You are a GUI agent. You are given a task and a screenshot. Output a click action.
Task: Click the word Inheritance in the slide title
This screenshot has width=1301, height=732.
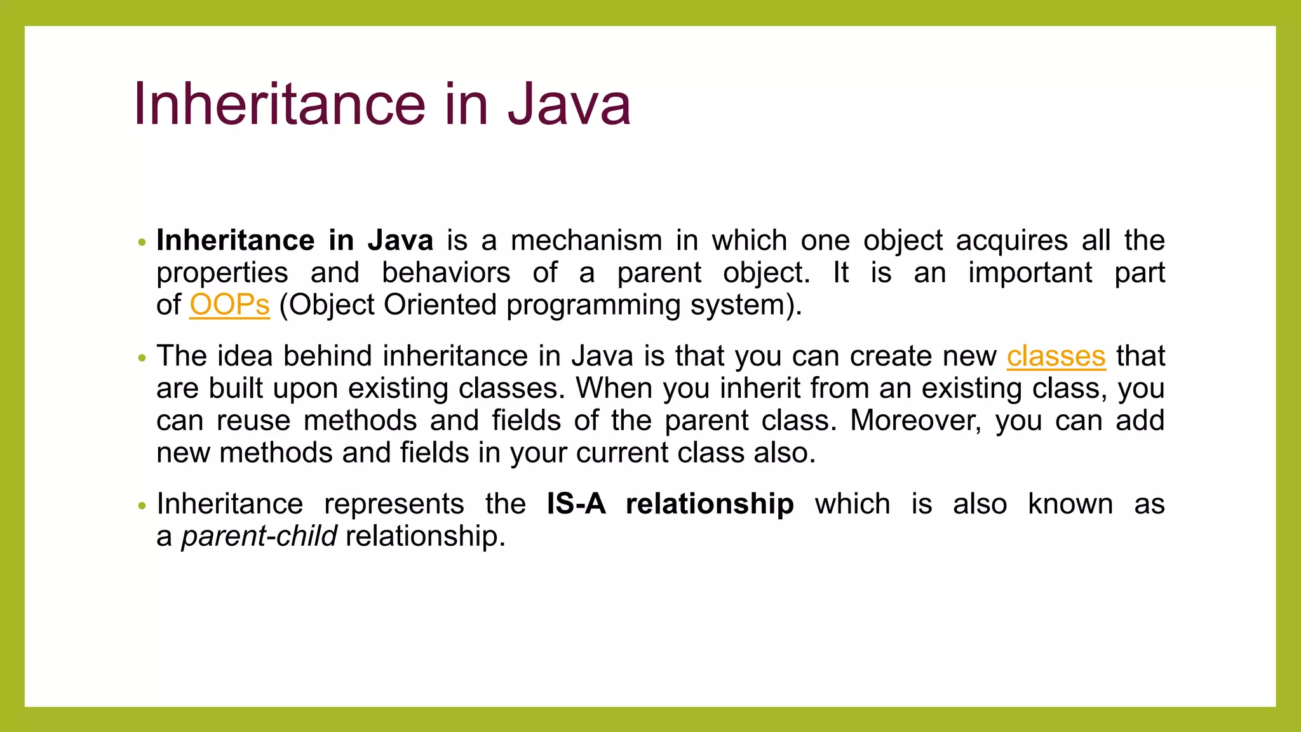pyautogui.click(x=280, y=104)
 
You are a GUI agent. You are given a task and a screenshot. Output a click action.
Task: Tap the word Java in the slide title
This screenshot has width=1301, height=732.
pyautogui.click(x=569, y=104)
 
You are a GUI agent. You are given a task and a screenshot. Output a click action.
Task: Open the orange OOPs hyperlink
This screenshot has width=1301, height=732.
pyautogui.click(x=229, y=305)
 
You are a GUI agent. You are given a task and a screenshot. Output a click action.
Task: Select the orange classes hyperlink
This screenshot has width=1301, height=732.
pyautogui.click(x=1056, y=356)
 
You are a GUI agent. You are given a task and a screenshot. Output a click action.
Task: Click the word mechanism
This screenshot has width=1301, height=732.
pyautogui.click(x=586, y=241)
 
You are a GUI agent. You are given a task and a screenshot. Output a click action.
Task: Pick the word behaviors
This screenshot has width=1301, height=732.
pyautogui.click(x=446, y=273)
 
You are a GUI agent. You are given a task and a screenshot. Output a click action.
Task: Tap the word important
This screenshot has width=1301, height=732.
pyautogui.click(x=1030, y=273)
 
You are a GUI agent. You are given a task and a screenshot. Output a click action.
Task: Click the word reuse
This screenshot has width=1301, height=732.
pyautogui.click(x=253, y=421)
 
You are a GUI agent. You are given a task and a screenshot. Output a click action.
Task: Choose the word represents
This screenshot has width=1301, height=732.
pyautogui.click(x=394, y=505)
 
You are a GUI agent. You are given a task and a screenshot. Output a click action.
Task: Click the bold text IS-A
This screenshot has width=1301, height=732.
pyautogui.click(x=576, y=505)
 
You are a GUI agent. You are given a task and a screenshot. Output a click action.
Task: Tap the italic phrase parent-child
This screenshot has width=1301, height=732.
pyautogui.click(x=259, y=537)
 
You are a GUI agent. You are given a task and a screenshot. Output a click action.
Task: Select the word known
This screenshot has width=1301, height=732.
pyautogui.click(x=1070, y=505)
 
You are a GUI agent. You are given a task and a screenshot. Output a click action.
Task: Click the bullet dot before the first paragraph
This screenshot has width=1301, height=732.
pyautogui.click(x=142, y=243)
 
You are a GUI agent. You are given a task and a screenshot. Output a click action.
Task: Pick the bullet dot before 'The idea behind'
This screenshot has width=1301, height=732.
pyautogui.click(x=142, y=358)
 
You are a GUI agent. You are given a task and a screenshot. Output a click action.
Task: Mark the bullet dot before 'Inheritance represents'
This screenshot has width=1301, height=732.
pyautogui.click(x=142, y=506)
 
